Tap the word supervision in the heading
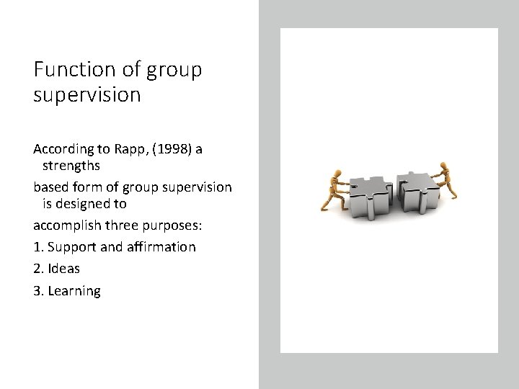86,95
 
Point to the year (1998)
172,149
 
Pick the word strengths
71,166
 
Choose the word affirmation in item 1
161,247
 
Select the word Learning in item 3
74,291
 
